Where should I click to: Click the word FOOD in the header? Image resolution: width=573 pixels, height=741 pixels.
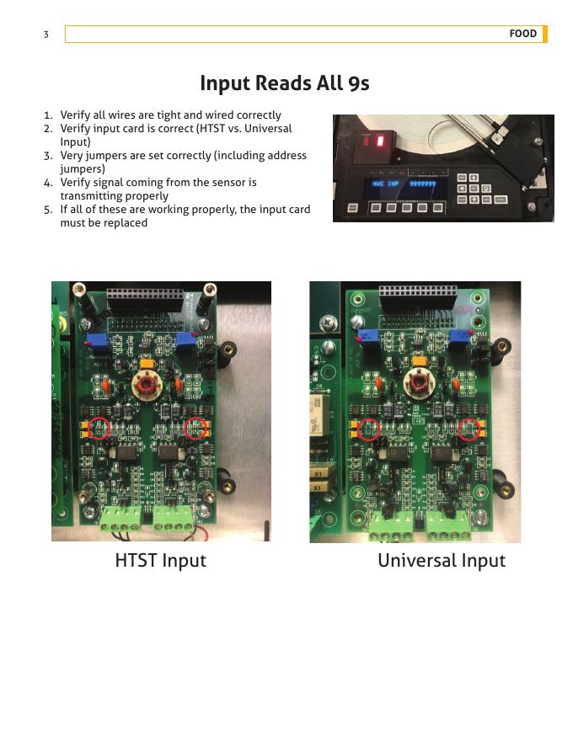[522, 34]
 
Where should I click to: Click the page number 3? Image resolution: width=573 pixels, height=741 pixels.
[46, 34]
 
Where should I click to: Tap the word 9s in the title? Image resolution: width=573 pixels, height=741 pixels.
[359, 83]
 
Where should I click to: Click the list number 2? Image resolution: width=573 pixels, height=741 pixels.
[48, 129]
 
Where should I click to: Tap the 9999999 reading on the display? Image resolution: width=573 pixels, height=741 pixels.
[422, 184]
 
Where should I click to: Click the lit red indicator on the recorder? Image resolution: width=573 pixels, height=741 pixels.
[380, 141]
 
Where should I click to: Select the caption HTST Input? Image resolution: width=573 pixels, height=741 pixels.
[161, 561]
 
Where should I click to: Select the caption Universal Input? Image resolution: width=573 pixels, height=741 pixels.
[442, 561]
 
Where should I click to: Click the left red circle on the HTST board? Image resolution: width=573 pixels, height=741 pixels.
[99, 428]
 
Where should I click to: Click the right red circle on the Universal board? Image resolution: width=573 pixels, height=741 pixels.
[469, 429]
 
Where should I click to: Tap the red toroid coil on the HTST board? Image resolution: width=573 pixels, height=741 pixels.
[147, 383]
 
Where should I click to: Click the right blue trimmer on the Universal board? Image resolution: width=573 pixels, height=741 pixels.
[458, 338]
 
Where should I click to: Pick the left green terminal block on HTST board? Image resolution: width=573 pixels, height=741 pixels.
[120, 520]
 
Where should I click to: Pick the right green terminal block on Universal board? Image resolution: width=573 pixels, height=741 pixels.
[448, 527]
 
